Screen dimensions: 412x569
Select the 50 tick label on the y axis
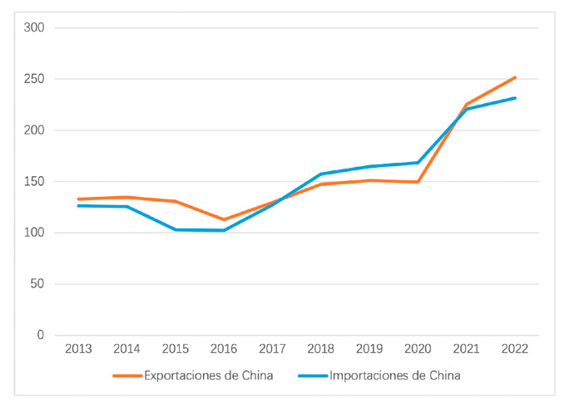pos(37,284)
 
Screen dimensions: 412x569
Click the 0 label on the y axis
pos(41,336)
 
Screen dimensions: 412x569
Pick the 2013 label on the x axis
pos(78,349)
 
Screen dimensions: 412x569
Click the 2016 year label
pos(224,349)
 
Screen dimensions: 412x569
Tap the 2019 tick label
pos(369,349)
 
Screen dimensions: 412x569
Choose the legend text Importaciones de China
pos(394,375)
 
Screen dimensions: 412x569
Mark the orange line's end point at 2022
pos(516,77)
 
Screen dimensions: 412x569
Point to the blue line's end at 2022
pos(516,98)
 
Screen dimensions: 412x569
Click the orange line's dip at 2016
pos(224,220)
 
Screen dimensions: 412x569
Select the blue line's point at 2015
pos(176,229)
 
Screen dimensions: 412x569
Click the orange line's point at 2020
pos(418,182)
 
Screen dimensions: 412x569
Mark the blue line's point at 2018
pos(321,174)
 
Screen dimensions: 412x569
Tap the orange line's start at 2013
pos(78,199)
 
